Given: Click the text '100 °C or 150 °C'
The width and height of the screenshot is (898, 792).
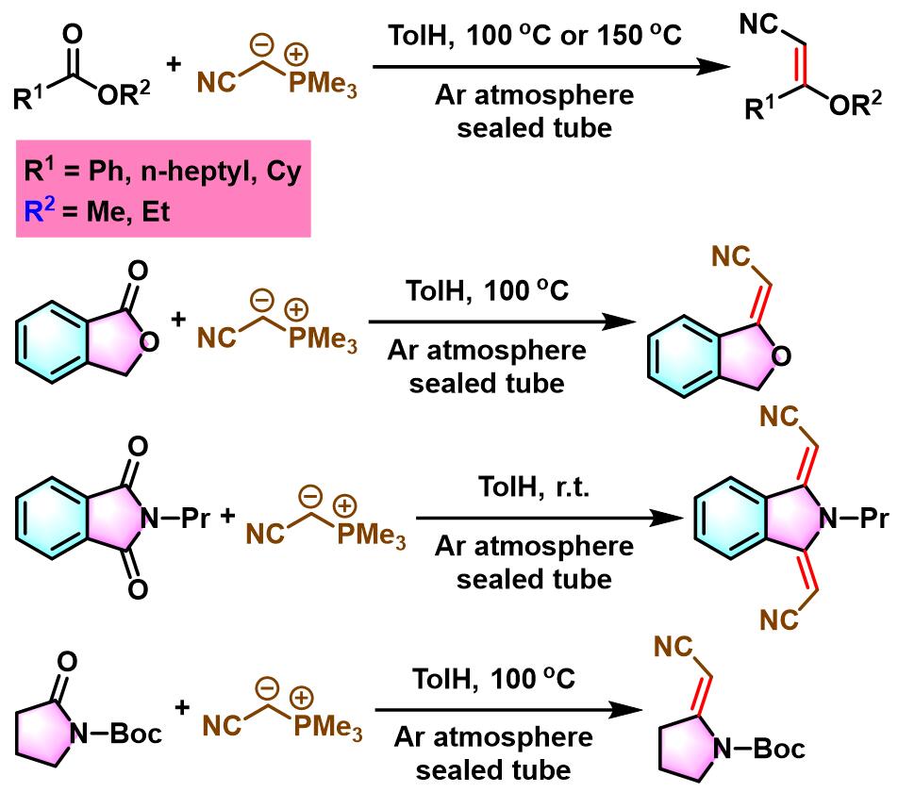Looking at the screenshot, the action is [574, 36].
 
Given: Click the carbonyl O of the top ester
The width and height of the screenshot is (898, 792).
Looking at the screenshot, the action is [72, 34].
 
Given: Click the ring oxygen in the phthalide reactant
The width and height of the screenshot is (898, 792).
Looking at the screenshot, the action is [148, 343].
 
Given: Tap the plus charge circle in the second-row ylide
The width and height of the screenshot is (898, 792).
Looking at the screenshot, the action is [296, 309].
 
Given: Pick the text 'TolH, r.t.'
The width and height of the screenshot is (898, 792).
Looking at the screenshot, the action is [534, 487].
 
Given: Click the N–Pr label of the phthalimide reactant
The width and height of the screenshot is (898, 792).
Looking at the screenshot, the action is [175, 518].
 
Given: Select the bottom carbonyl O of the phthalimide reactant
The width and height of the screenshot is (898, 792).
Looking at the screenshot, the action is [138, 588].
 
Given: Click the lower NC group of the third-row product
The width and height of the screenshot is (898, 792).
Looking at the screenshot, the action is [779, 619].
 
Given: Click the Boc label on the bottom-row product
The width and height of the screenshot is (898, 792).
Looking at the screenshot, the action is [779, 748].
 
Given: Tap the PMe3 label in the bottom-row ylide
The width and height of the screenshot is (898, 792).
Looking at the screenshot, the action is [327, 727].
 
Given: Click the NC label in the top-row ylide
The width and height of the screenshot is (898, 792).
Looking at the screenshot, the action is [216, 82].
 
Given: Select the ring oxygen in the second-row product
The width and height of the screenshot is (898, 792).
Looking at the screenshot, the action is [781, 356].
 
